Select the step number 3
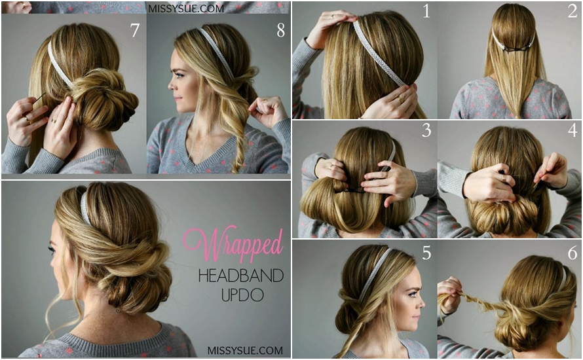point(426,130)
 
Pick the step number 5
point(426,252)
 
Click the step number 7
point(135,31)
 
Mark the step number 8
point(280,31)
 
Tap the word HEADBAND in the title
point(240,276)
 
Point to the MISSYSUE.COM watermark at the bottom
point(245,350)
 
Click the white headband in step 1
point(379,52)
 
